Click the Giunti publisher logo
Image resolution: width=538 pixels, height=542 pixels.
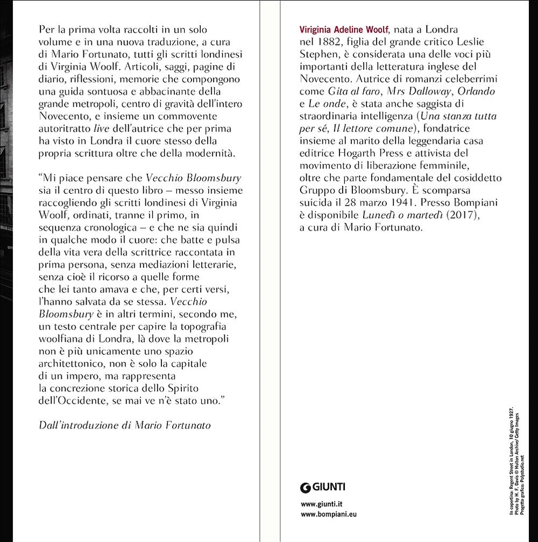tap(323, 488)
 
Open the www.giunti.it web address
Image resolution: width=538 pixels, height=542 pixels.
tap(322, 504)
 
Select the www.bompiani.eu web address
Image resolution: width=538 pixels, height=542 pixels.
tap(329, 514)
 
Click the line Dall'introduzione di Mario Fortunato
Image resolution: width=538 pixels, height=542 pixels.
tap(125, 425)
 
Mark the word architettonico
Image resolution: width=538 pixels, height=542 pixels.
tap(70, 363)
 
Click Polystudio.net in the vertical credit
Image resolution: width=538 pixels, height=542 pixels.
tap(522, 456)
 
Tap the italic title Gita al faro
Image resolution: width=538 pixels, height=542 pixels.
tap(351, 91)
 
